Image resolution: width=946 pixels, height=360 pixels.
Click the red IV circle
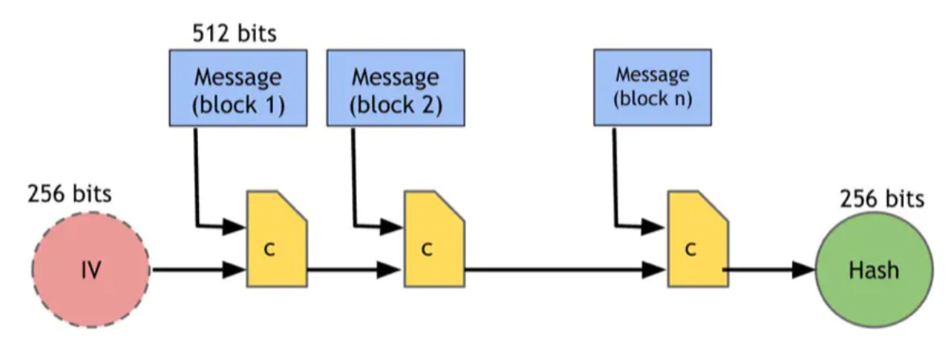pyautogui.click(x=90, y=270)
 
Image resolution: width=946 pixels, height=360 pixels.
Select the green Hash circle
pyautogui.click(x=874, y=270)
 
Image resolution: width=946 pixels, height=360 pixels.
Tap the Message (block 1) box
pyautogui.click(x=238, y=88)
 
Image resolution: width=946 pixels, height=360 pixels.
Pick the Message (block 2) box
pyautogui.click(x=396, y=88)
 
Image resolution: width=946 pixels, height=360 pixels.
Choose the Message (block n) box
pyautogui.click(x=652, y=88)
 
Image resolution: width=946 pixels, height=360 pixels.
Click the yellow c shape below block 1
pyautogui.click(x=276, y=239)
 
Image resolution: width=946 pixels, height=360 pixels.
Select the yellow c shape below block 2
pyautogui.click(x=435, y=239)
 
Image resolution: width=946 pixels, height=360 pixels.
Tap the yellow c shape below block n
pyautogui.click(x=697, y=239)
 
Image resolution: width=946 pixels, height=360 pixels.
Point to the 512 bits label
pyautogui.click(x=234, y=33)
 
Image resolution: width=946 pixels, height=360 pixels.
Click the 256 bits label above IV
pyautogui.click(x=69, y=194)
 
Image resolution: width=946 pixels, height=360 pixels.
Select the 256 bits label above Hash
pyautogui.click(x=882, y=198)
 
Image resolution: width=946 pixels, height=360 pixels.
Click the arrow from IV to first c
pyautogui.click(x=199, y=270)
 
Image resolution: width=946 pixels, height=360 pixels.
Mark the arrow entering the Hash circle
pyautogui.click(x=769, y=270)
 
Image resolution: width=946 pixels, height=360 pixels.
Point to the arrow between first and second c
pyautogui.click(x=355, y=270)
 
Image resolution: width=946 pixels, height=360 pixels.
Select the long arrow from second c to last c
pyautogui.click(x=566, y=270)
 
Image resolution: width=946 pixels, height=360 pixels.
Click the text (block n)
pyautogui.click(x=652, y=99)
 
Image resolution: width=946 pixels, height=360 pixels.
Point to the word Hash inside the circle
pyautogui.click(x=874, y=271)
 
